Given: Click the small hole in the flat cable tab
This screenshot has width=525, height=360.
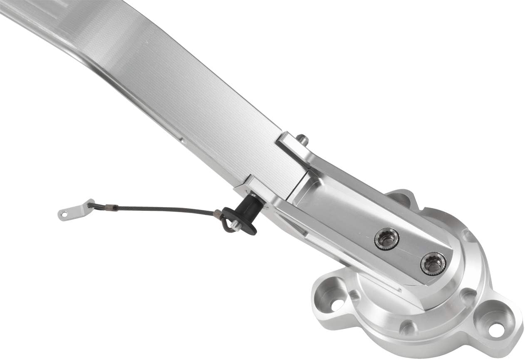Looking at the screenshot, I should [64, 215].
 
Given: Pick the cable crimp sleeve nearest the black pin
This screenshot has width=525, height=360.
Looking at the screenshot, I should [217, 214].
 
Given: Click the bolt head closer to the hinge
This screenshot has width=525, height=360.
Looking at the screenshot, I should [386, 239].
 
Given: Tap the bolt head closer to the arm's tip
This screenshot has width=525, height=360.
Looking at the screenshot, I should [433, 263].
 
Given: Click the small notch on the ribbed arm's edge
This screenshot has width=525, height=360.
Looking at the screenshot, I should [182, 141].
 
